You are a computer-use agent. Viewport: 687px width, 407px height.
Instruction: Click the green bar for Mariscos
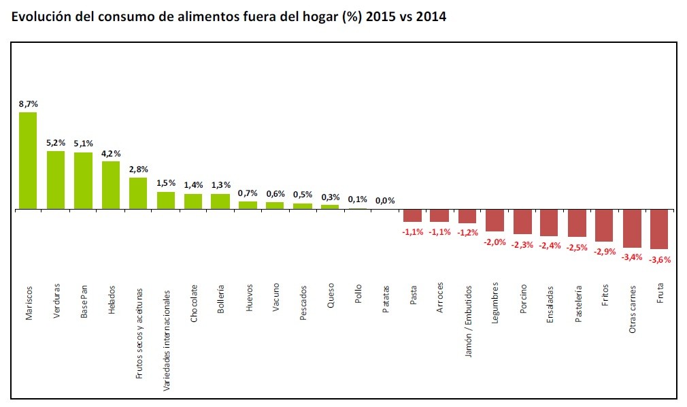(28, 161)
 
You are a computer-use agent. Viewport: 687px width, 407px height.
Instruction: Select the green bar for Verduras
(56, 180)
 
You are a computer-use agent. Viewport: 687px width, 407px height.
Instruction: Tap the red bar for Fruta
(659, 229)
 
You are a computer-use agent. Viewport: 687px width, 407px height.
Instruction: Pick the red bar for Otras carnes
(632, 229)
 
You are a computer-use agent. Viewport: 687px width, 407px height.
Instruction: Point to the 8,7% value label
(29, 104)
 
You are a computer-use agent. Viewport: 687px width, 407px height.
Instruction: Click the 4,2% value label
(111, 154)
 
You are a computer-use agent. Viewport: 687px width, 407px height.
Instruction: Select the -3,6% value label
(660, 260)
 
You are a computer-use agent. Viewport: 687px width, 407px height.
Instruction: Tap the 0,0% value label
(385, 201)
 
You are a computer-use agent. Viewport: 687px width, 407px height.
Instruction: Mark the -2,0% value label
(495, 242)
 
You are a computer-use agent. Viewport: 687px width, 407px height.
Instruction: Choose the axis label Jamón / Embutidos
(469, 319)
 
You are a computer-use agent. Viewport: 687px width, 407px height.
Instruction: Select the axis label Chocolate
(194, 303)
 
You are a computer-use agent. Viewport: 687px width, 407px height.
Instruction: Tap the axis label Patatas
(386, 300)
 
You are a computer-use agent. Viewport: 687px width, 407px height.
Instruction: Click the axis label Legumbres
(496, 304)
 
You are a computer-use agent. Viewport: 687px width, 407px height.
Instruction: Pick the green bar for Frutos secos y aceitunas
(138, 193)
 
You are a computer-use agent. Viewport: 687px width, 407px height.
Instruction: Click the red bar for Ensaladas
(549, 223)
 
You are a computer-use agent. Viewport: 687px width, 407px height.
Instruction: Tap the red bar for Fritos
(604, 225)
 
